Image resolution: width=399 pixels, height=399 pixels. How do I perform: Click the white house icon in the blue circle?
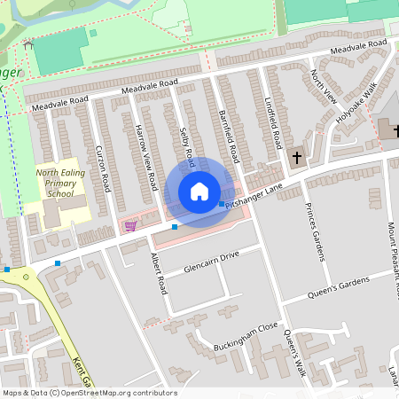[199, 192]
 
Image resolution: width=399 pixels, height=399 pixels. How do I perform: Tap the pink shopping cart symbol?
[130, 225]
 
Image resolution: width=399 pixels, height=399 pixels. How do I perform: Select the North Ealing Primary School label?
[60, 184]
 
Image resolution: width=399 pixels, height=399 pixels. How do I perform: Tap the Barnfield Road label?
[228, 136]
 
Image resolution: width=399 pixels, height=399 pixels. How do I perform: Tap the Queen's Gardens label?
[337, 285]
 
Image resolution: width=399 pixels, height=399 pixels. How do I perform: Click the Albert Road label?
[160, 272]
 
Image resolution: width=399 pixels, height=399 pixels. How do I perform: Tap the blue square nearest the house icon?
[222, 205]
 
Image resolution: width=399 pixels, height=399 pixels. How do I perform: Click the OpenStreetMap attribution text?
[89, 393]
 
